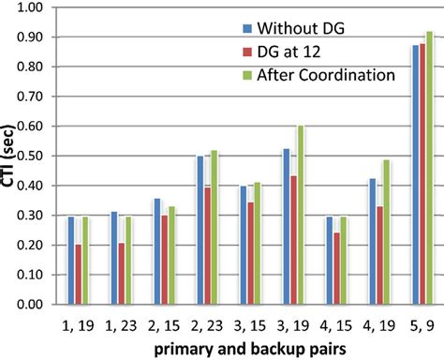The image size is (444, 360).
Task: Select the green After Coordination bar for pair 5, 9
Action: click(x=430, y=168)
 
